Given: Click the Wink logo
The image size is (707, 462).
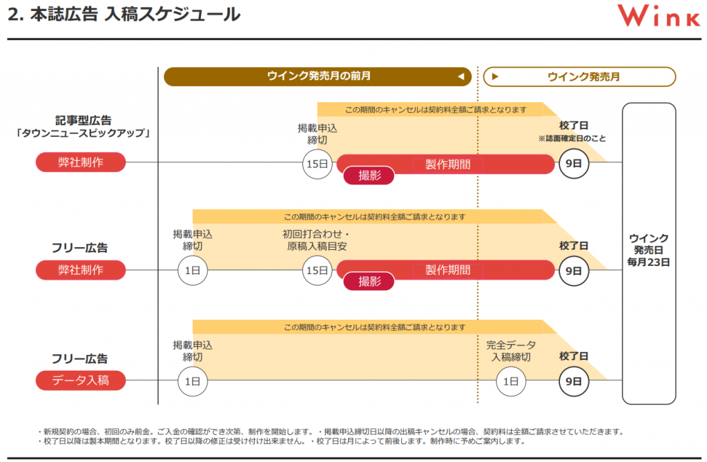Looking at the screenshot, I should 658,16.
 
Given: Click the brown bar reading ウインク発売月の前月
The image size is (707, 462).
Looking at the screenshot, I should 318,77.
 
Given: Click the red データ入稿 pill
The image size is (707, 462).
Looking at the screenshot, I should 81,380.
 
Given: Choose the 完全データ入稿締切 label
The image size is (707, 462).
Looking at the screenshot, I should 511,351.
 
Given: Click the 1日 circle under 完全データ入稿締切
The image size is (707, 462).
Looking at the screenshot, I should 511,381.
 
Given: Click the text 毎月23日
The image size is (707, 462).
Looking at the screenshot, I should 649,262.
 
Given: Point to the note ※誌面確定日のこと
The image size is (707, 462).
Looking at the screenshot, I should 572,139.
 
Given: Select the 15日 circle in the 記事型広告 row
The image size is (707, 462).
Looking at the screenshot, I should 317,164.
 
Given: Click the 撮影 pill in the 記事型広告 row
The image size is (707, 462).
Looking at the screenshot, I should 369,175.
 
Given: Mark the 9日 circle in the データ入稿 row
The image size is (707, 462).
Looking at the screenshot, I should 574,381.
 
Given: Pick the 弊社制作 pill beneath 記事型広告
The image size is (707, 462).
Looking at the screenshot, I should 81,162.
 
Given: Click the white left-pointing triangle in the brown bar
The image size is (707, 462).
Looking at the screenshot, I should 460,77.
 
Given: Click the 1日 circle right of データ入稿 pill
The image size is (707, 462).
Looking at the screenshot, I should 192,381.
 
